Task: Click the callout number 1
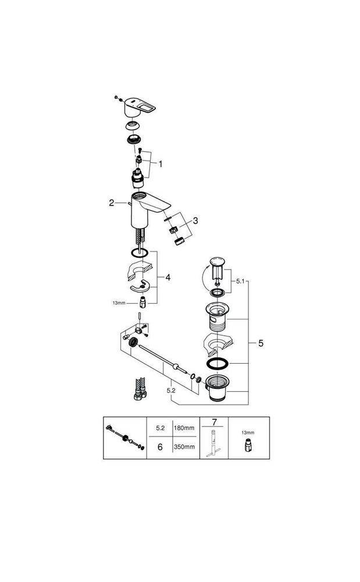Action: point(161,164)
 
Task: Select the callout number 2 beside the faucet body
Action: point(112,203)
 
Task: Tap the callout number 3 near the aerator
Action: point(196,221)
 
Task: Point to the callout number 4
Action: point(167,278)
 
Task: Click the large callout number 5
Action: point(261,343)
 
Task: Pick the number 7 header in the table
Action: point(213,421)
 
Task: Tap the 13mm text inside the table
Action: point(248,432)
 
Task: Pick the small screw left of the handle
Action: point(117,97)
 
